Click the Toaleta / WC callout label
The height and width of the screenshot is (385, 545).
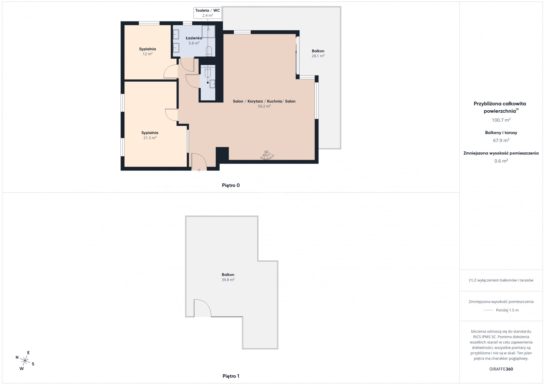(208, 13)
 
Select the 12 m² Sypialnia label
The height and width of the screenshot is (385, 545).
(147, 51)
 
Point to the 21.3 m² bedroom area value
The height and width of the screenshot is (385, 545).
(150, 138)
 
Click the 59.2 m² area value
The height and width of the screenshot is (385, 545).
(264, 106)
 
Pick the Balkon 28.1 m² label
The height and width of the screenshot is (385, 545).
(318, 53)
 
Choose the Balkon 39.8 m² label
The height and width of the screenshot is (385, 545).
(228, 277)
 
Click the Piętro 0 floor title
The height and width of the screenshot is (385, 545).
(231, 185)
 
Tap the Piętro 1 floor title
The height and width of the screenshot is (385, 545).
(231, 376)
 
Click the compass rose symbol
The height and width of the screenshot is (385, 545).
(25, 360)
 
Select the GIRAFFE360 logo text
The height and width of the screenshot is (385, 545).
(501, 369)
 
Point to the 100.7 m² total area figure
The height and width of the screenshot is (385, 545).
(501, 120)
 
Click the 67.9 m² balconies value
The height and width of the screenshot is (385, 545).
(501, 141)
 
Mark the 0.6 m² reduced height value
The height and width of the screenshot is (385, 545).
(501, 161)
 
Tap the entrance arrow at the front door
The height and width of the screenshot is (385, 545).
(199, 170)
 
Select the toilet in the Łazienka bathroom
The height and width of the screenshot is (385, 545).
(209, 51)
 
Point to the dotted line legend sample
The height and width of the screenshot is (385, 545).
(488, 310)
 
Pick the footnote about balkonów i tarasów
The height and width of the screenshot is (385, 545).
(501, 280)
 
